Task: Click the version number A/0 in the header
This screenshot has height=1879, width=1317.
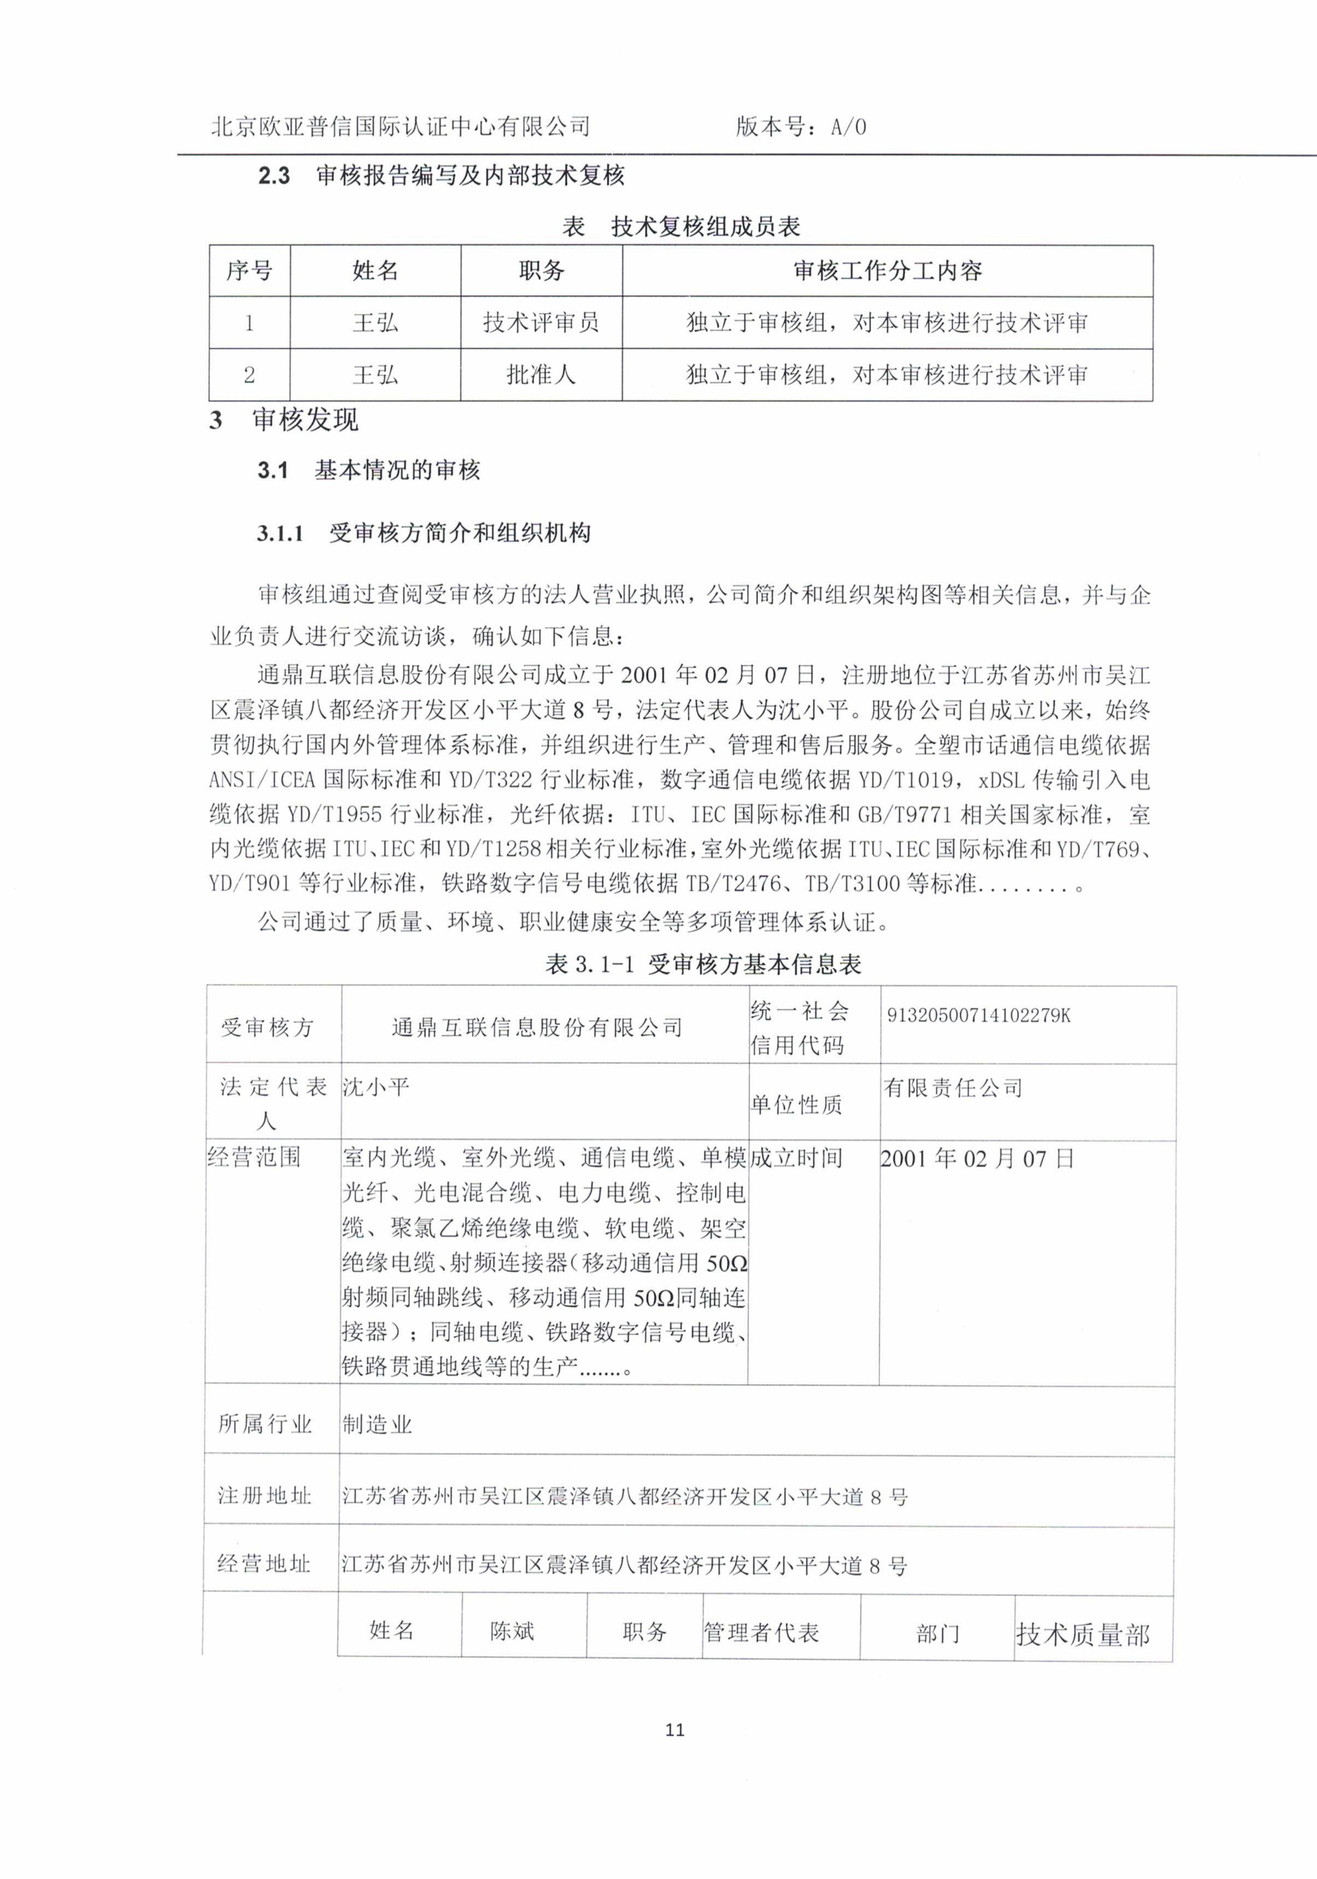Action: click(x=848, y=127)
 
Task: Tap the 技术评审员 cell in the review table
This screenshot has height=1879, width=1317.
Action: click(x=540, y=323)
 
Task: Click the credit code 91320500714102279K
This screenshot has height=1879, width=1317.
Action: click(x=978, y=1016)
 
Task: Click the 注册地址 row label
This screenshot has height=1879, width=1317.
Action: click(x=264, y=1496)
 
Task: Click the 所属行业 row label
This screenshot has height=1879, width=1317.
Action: click(x=264, y=1424)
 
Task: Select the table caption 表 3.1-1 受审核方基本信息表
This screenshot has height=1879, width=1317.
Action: click(x=703, y=965)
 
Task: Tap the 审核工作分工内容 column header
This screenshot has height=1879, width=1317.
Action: click(x=887, y=271)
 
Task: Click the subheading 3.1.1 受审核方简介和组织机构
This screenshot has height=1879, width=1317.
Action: click(x=423, y=534)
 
